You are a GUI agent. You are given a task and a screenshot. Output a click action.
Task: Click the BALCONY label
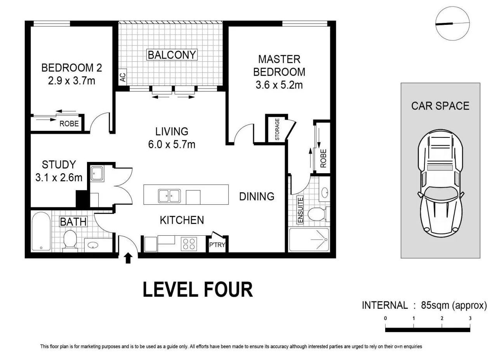[172, 55]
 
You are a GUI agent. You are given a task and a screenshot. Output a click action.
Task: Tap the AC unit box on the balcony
[123, 76]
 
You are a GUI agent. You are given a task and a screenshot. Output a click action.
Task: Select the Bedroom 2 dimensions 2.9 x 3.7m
[71, 80]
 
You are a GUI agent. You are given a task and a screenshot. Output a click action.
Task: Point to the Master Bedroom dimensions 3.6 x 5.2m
[279, 85]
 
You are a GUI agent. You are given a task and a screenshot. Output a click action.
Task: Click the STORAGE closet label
[277, 129]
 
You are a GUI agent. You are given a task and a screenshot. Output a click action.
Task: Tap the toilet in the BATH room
[70, 239]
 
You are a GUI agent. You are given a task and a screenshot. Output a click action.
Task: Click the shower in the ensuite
[309, 240]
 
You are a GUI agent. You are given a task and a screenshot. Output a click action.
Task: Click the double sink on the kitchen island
[169, 196]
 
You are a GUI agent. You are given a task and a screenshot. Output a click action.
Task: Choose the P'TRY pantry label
[217, 245]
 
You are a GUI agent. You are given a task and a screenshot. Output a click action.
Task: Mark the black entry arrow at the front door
[128, 258]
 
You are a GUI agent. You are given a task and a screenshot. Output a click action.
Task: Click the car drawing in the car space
[440, 183]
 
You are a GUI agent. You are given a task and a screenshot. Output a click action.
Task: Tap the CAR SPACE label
[440, 106]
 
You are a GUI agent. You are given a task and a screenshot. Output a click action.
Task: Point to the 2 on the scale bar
[442, 318]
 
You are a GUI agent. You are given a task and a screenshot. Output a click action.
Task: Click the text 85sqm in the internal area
[435, 305]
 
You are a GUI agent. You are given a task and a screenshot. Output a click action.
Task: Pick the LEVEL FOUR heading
[198, 290]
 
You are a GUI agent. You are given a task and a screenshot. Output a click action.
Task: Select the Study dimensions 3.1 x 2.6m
[59, 177]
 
